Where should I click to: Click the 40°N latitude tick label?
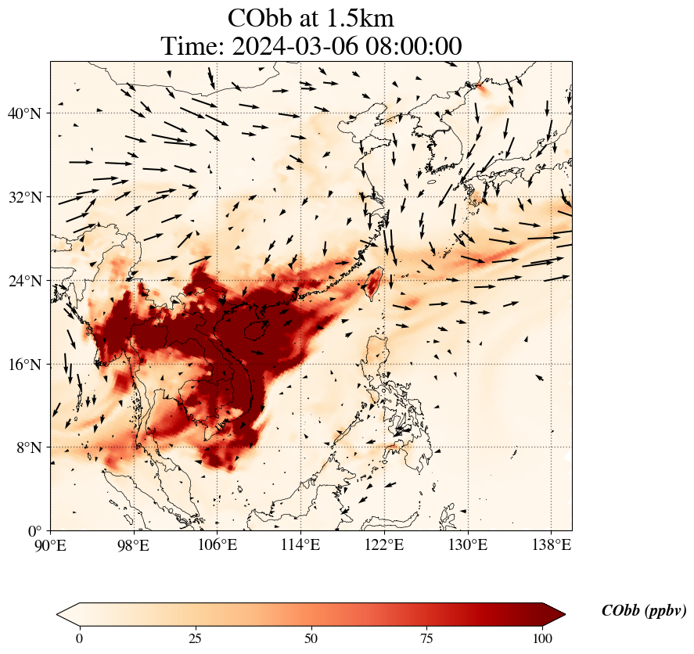24,113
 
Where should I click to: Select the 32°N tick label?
24,197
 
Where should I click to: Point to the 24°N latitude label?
24,281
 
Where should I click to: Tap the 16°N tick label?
24,365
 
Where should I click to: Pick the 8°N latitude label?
28,447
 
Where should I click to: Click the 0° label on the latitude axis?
34,530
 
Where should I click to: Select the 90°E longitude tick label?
50,544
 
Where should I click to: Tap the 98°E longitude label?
134,544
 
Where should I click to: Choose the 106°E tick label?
218,544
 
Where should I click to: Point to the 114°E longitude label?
300,544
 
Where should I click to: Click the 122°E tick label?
384,544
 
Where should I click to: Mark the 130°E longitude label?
468,544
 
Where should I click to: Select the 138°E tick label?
551,544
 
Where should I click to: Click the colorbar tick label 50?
311,638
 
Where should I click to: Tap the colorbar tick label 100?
542,638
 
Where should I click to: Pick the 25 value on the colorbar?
195,638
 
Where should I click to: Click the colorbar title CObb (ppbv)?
644,611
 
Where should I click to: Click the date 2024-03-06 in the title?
295,46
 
